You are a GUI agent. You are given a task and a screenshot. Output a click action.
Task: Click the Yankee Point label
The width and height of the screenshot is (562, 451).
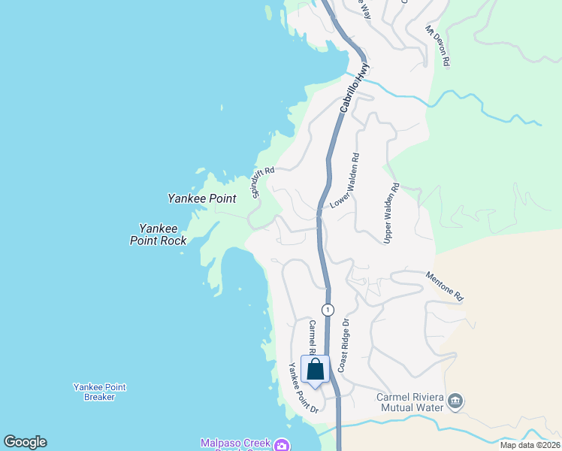201,199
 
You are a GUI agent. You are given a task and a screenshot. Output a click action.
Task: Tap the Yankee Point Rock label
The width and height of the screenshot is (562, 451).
158,234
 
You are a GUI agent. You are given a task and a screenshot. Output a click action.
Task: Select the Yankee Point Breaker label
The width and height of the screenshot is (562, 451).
99,392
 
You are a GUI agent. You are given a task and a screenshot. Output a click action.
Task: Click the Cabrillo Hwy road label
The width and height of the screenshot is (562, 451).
355,88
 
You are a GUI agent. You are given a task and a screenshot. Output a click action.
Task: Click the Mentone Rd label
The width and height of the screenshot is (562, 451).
446,287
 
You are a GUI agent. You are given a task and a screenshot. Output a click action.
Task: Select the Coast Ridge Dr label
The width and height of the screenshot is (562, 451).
343,345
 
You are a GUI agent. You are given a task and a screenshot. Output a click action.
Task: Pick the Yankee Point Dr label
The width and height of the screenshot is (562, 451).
304,388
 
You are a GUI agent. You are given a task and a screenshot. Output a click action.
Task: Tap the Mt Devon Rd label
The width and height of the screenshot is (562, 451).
438,46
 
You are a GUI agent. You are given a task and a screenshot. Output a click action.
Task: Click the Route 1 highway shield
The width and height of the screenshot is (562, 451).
327,310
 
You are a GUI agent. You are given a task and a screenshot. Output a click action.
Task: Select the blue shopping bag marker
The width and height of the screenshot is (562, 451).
316,369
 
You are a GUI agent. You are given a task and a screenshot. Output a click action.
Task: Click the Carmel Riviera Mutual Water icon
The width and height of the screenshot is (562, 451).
455,402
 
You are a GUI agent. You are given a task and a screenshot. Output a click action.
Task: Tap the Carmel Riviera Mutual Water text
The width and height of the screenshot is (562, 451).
412,403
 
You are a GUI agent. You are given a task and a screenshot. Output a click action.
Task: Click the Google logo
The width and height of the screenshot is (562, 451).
25,442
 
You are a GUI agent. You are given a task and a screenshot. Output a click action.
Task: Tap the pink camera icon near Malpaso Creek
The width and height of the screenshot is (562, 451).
281,446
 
